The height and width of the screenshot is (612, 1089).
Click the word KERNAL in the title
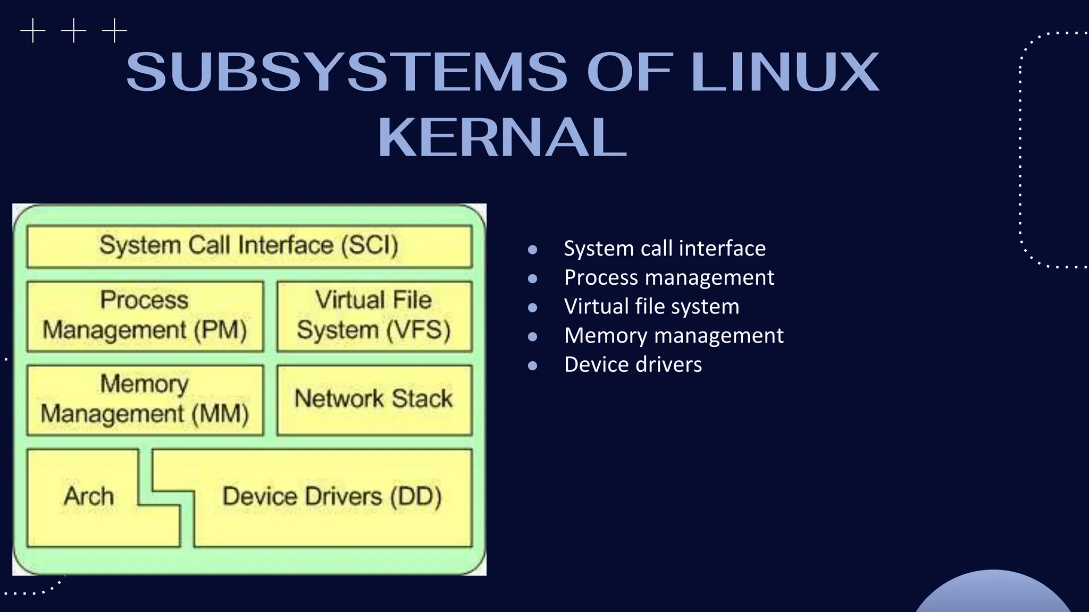point(502,138)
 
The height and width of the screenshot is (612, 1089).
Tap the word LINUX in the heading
point(785,72)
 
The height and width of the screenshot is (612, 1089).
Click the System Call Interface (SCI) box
point(249,246)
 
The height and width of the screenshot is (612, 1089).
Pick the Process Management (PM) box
point(145,316)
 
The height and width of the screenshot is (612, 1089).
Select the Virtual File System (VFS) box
point(374,316)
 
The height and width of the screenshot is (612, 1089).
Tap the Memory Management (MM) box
point(145,399)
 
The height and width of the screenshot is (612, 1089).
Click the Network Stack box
point(374,399)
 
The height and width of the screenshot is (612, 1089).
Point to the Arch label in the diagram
point(89,496)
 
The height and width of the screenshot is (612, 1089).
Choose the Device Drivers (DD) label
point(332,496)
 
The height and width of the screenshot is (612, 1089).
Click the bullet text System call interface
point(665,249)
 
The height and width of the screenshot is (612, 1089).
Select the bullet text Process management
point(669,278)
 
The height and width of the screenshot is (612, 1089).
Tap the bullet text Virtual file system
point(651,307)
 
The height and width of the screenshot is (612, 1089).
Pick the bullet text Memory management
point(674,336)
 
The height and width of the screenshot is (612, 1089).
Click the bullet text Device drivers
point(633,365)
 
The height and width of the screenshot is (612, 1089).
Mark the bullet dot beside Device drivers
point(532,365)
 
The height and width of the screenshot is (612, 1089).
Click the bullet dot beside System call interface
point(532,249)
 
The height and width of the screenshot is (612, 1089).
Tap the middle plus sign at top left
point(73,31)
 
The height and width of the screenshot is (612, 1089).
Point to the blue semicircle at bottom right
point(993,594)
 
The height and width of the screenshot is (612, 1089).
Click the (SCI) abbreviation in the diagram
point(370,245)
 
